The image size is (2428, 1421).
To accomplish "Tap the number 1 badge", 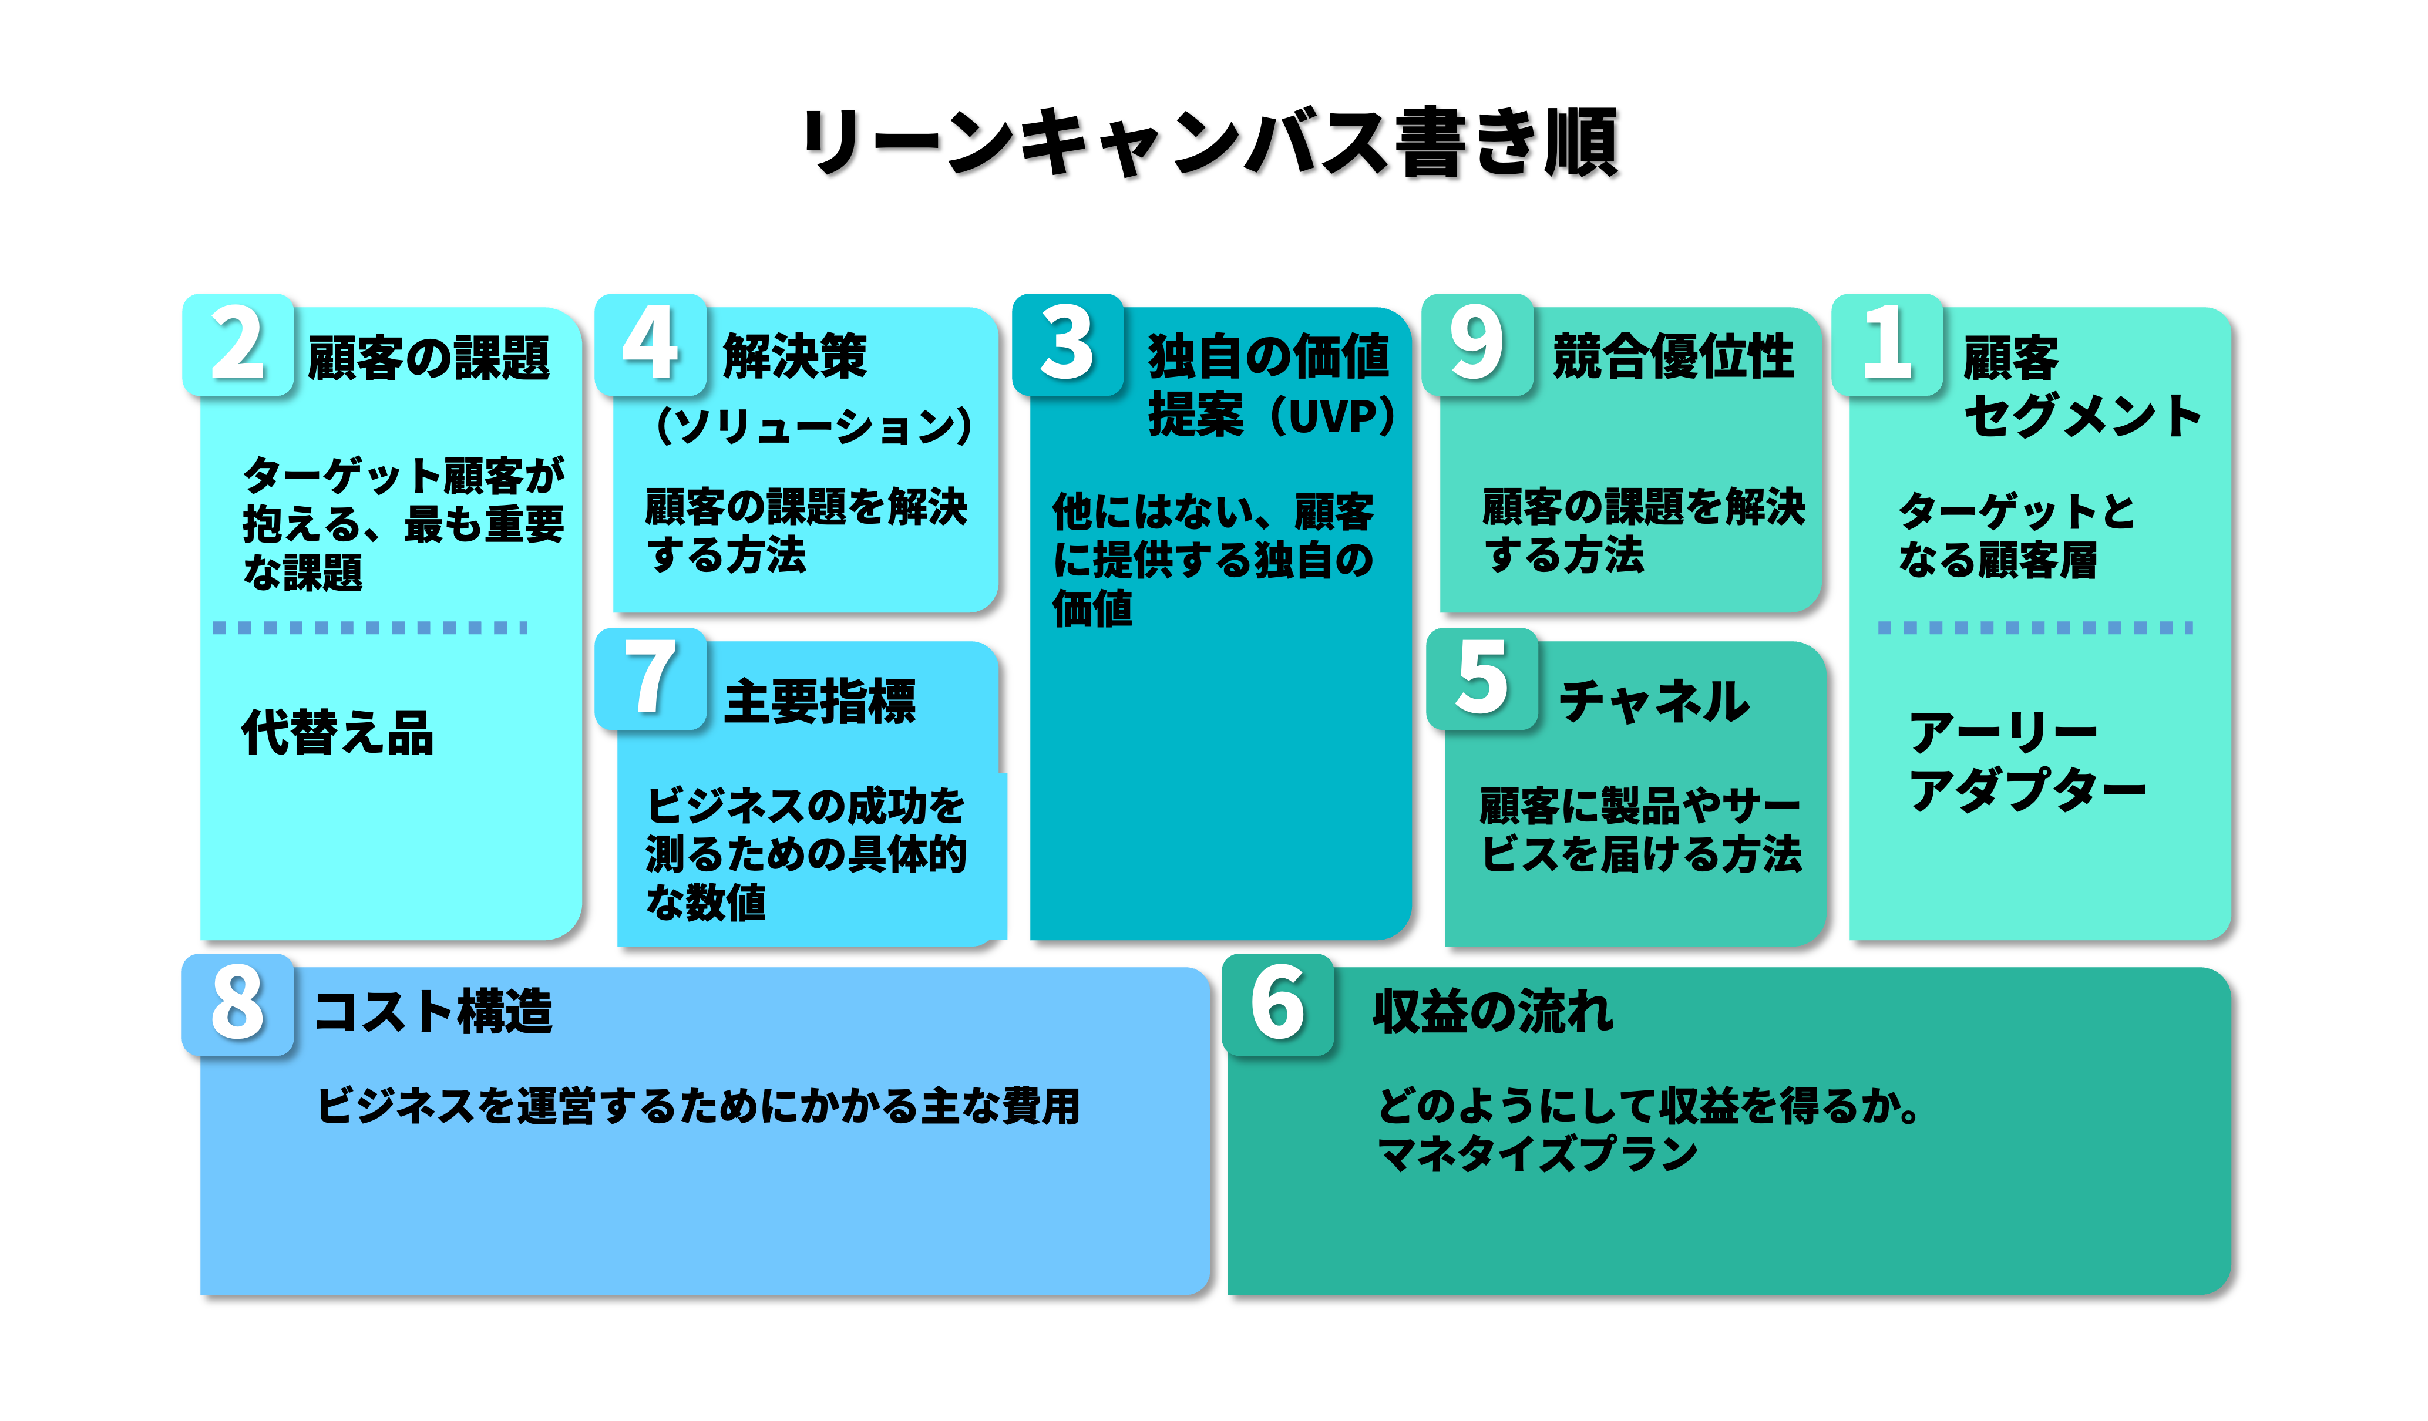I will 1886,344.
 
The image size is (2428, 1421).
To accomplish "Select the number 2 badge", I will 237,344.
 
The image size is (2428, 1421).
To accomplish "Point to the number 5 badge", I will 1482,678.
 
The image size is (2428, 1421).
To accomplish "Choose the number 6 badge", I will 1277,1004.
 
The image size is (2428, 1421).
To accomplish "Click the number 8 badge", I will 237,1004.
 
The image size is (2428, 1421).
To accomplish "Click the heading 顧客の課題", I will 429,358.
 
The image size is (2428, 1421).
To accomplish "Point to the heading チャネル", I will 1653,701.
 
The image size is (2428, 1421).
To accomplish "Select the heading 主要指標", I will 820,701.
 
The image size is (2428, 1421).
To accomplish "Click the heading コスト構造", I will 433,1012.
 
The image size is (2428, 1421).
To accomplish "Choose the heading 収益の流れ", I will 1492,1012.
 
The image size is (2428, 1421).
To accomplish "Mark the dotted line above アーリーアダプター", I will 2035,628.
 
